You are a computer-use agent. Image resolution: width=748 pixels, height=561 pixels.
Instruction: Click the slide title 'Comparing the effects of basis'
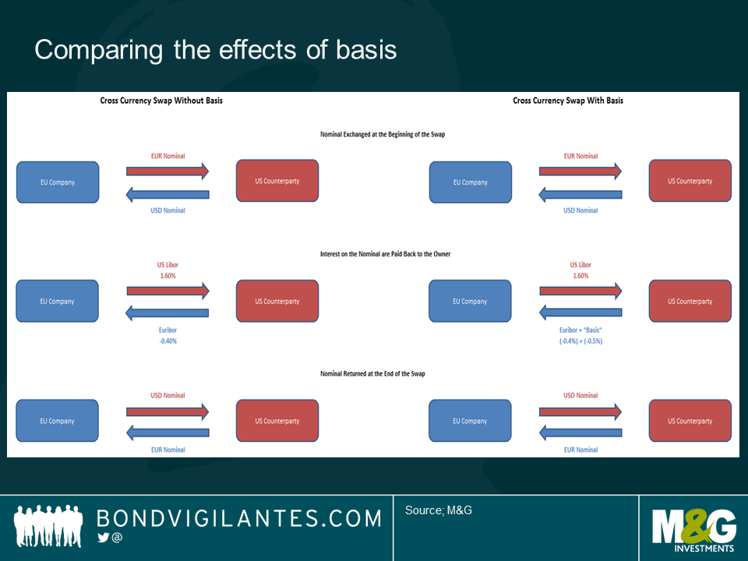[x=216, y=50]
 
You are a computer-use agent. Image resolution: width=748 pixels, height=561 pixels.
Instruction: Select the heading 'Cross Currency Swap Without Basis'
[x=161, y=101]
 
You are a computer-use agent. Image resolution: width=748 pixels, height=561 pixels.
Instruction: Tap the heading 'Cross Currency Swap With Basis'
[x=568, y=101]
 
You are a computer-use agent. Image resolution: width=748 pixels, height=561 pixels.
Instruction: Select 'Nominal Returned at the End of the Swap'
[x=372, y=374]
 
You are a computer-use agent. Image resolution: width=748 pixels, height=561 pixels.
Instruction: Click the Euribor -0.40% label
[x=168, y=335]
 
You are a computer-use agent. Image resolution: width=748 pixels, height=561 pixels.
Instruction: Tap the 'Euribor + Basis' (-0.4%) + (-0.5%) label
[x=580, y=335]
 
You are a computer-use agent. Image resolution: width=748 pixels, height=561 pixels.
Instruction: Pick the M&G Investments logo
[x=693, y=527]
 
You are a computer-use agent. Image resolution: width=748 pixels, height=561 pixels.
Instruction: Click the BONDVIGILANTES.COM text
[x=238, y=519]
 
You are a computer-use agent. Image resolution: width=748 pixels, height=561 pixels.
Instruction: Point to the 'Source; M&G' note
[x=439, y=510]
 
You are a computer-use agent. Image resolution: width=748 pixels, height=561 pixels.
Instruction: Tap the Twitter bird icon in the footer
[x=103, y=538]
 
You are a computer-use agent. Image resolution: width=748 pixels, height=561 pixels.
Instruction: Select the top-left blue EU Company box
[x=58, y=182]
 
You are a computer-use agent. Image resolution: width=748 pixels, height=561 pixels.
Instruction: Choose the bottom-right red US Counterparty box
[x=690, y=421]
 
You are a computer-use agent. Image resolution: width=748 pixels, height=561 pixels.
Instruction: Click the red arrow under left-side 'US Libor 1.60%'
[x=168, y=291]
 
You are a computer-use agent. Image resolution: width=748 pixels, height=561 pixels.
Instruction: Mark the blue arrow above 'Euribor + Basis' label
[x=580, y=312]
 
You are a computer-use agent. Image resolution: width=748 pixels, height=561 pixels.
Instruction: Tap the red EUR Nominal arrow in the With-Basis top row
[x=580, y=171]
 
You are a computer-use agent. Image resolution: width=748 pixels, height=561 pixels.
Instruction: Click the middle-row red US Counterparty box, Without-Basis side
[x=277, y=302]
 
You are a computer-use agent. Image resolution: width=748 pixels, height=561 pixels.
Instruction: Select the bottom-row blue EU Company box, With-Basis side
[x=471, y=421]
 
